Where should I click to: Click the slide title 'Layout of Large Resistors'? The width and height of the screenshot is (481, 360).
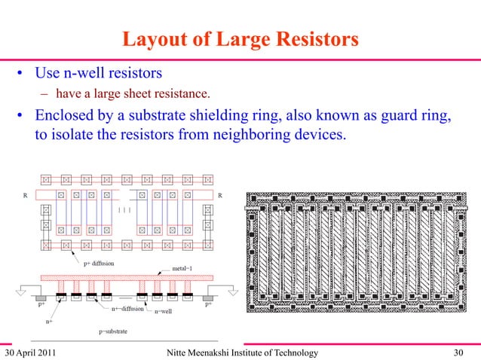(240, 37)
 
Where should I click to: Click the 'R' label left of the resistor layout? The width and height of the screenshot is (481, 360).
(26, 195)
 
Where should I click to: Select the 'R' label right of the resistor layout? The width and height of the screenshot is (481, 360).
(219, 195)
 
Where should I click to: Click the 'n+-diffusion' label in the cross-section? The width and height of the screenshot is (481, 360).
(124, 308)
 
